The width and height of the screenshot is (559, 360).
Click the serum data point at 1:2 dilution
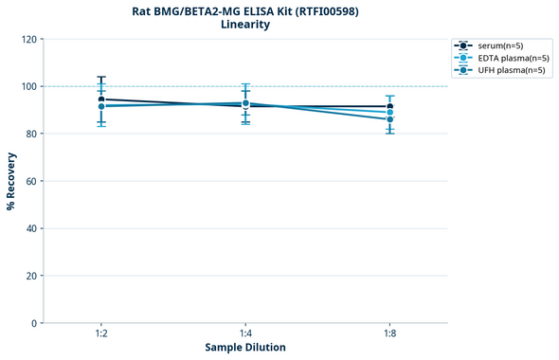click(x=101, y=99)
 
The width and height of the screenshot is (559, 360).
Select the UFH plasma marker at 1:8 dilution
click(x=389, y=119)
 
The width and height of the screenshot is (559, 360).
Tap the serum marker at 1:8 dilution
click(x=389, y=107)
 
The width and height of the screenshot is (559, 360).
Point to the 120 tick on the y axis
click(x=28, y=39)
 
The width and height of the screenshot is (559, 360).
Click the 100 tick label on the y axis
click(x=28, y=86)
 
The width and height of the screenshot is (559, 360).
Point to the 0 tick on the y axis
click(x=34, y=323)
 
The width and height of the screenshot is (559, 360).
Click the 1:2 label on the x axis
click(x=101, y=334)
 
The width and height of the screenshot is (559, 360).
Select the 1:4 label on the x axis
click(x=245, y=334)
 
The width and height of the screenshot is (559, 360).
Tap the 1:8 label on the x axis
click(x=389, y=334)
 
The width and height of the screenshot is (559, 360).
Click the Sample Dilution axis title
click(x=245, y=348)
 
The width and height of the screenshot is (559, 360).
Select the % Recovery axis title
click(x=11, y=181)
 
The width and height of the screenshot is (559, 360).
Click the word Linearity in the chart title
click(x=244, y=25)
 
